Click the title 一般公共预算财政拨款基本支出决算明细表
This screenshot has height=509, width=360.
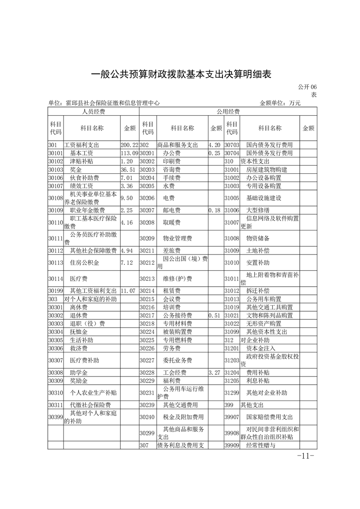[181, 74]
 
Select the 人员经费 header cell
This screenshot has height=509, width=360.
[93, 111]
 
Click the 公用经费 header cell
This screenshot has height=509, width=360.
[228, 111]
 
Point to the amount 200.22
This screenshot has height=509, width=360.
[129, 145]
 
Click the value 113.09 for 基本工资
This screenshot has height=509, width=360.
[129, 153]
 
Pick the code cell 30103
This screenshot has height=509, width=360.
[55, 170]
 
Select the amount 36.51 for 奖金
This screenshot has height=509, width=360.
[128, 170]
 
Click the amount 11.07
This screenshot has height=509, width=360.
[128, 290]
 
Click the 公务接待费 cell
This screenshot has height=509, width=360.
[178, 315]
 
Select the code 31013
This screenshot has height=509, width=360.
[232, 299]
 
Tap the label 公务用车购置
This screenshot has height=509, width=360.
[263, 299]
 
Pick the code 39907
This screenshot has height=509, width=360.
[232, 416]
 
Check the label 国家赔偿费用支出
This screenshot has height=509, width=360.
[269, 416]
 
